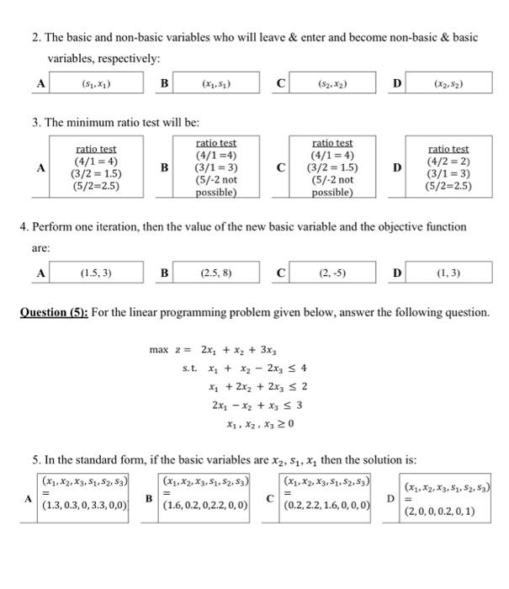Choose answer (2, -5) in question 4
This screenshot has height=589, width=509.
pyautogui.click(x=331, y=273)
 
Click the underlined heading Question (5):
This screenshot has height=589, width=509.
pyautogui.click(x=53, y=312)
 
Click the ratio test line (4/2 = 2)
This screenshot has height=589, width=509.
pyautogui.click(x=449, y=162)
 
